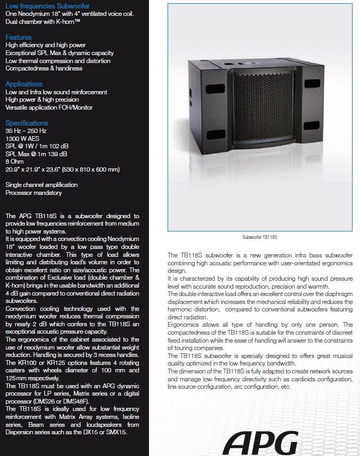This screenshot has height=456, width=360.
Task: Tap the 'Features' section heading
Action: click(x=19, y=38)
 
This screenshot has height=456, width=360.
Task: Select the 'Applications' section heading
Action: click(x=24, y=84)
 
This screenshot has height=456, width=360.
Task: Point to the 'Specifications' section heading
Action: click(x=27, y=123)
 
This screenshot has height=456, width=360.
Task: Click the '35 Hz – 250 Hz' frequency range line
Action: click(x=26, y=131)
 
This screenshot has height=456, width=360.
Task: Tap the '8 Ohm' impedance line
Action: click(x=14, y=162)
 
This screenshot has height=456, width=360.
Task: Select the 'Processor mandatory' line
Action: click(x=33, y=193)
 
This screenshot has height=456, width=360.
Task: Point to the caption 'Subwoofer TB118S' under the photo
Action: click(x=260, y=238)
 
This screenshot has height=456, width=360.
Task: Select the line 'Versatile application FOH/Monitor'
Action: click(x=49, y=108)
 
